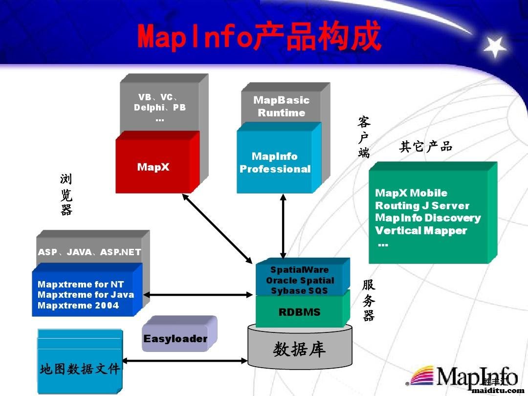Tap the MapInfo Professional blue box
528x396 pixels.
pos(275,163)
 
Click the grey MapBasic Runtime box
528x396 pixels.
pos(281,107)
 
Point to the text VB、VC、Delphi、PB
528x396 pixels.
pos(159,102)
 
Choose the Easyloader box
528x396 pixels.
pos(176,338)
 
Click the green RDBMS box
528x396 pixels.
pos(299,312)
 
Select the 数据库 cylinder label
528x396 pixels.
pos(299,350)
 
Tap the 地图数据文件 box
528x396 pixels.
pos(79,369)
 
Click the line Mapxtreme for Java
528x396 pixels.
pos(86,295)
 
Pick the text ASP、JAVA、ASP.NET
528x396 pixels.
pos(89,252)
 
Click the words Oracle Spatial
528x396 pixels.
pos(300,281)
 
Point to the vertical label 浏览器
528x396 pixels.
pos(66,195)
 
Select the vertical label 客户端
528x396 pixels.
pos(364,137)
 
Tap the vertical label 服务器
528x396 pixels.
pos(369,300)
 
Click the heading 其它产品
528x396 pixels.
pos(425,147)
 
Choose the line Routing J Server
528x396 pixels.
pos(422,206)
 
